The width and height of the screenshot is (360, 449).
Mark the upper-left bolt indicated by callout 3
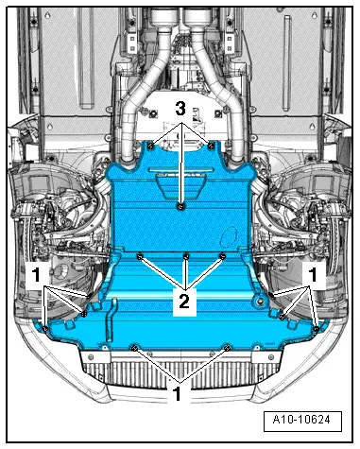tap(152, 146)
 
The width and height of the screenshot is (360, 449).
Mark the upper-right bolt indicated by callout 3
tap(210, 146)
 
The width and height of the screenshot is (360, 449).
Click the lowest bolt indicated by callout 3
tap(180, 205)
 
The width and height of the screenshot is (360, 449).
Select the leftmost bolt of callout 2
tap(139, 256)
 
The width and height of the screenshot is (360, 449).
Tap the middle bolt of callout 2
tap(186, 256)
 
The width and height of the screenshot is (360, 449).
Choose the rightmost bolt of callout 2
tap(223, 255)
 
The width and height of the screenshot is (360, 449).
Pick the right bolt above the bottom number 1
tap(228, 347)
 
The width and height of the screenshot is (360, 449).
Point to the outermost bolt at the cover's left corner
tap(46, 326)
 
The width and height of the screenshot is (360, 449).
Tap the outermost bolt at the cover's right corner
tap(317, 326)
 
